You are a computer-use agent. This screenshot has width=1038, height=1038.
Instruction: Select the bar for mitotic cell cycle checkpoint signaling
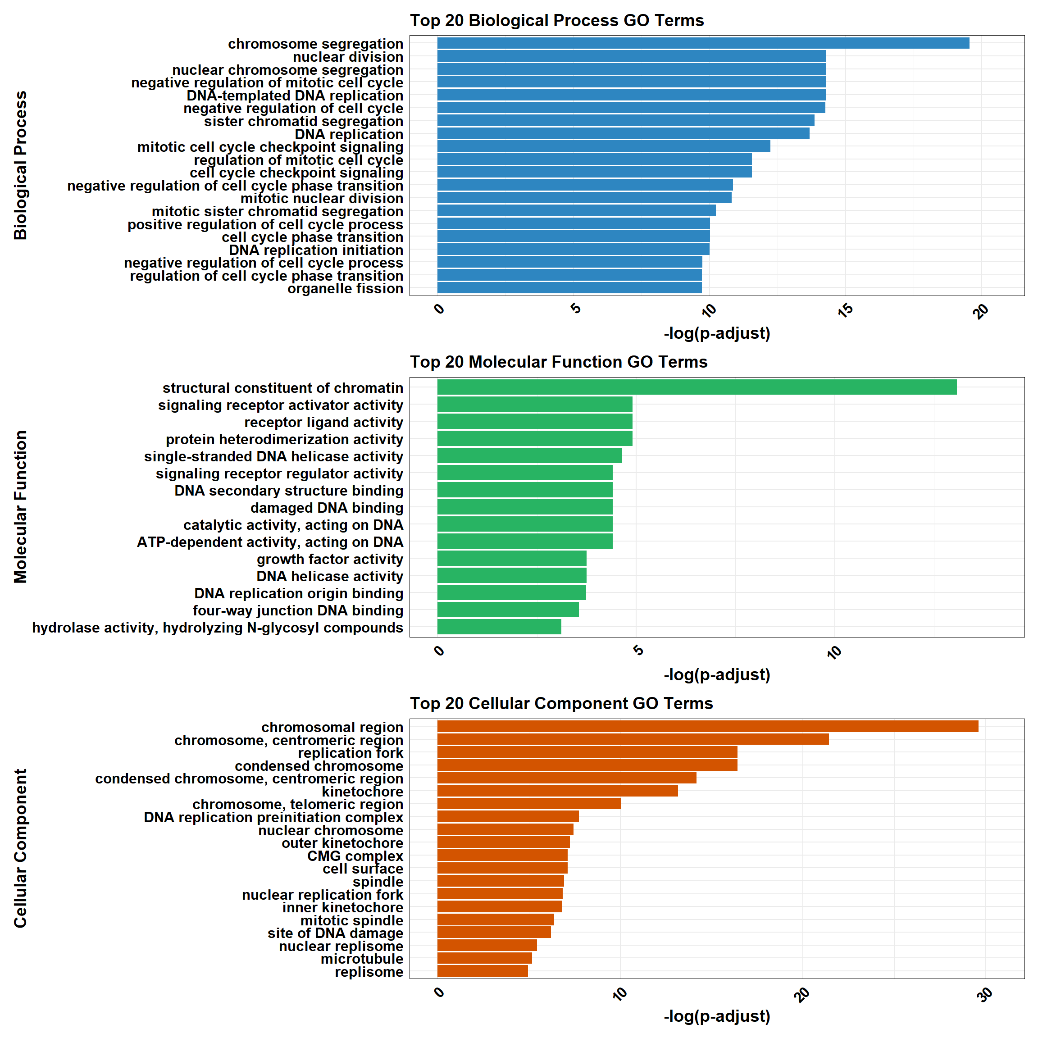pyautogui.click(x=603, y=146)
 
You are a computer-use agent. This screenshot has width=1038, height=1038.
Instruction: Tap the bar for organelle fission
pyautogui.click(x=569, y=288)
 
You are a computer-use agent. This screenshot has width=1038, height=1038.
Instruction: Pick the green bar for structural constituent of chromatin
pyautogui.click(x=697, y=387)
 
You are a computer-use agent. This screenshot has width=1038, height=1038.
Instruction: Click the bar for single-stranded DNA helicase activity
pyautogui.click(x=529, y=456)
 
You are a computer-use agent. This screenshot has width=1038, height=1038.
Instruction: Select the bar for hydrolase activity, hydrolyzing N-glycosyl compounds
pyautogui.click(x=499, y=627)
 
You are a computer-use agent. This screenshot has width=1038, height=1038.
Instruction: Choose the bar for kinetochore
pyautogui.click(x=557, y=791)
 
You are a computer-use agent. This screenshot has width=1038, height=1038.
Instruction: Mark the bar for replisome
pyautogui.click(x=483, y=971)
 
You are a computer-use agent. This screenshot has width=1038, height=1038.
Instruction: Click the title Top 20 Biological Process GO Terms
pyautogui.click(x=556, y=20)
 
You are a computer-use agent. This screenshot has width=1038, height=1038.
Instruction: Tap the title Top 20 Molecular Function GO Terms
pyautogui.click(x=559, y=362)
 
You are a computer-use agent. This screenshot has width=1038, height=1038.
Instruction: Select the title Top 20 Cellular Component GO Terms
pyautogui.click(x=561, y=703)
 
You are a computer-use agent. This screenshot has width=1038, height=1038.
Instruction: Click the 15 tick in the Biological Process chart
pyautogui.click(x=846, y=310)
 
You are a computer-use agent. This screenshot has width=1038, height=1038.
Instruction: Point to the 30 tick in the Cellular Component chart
pyautogui.click(x=985, y=995)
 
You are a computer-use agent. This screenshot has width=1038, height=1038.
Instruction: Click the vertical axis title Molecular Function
pyautogui.click(x=20, y=507)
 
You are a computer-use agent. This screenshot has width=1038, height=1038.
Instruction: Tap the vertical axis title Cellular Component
pyautogui.click(x=20, y=848)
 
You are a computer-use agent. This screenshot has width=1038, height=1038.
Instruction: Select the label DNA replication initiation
pyautogui.click(x=316, y=250)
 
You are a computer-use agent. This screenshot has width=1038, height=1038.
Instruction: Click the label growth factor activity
pyautogui.click(x=330, y=559)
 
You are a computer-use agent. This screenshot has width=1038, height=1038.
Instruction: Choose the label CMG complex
pyautogui.click(x=355, y=856)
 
